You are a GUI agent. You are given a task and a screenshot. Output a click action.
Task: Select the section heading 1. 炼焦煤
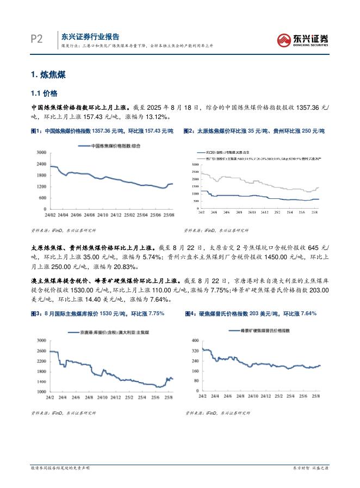[x=48, y=75]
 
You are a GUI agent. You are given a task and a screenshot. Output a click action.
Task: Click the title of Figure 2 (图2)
[x=254, y=132]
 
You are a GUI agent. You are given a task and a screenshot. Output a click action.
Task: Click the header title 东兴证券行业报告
[x=90, y=36]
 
